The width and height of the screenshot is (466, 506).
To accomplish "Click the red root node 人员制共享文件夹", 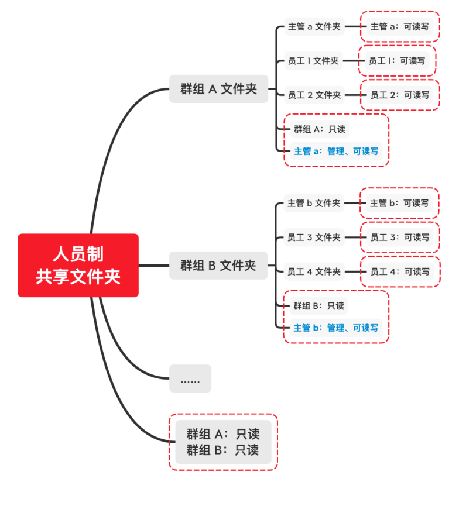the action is (78, 265).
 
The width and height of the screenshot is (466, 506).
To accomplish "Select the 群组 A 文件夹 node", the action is (218, 89).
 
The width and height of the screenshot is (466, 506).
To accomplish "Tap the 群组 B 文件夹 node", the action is (218, 265).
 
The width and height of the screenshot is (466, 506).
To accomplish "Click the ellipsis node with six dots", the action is (190, 378).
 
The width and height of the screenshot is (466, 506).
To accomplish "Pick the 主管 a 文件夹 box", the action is (314, 26).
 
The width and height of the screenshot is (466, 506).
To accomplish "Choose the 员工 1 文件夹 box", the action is (313, 61).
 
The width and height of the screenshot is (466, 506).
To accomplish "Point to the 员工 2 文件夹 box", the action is (314, 95).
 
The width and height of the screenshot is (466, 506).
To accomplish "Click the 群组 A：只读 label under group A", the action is (320, 129).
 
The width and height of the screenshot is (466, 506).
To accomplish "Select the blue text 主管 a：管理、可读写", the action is (336, 151).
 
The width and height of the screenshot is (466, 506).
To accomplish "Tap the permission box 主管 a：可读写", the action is (400, 26).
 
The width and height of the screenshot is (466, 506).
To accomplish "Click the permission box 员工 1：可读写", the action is (397, 61).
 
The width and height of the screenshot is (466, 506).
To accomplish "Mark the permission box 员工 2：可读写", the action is (400, 95).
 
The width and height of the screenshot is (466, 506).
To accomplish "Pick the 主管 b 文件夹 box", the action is (314, 203).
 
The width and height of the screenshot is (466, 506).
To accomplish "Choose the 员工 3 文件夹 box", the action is (314, 237).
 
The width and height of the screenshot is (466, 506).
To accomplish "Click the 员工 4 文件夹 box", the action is (314, 271).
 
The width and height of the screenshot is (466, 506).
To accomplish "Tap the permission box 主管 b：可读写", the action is (399, 203).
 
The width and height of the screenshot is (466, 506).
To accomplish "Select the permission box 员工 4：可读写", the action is (400, 271).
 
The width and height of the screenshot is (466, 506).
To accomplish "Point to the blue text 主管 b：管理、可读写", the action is (336, 328).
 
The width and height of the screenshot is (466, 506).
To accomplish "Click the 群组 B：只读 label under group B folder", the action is (318, 305).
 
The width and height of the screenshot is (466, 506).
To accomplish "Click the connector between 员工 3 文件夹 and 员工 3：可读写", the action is (355, 237).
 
